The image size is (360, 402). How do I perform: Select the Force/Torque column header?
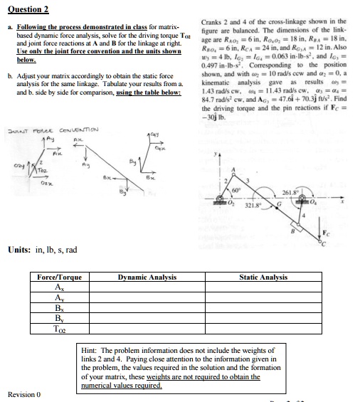click(58, 277)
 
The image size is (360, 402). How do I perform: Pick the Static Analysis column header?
click(263, 277)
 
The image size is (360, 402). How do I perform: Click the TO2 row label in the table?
click(58, 330)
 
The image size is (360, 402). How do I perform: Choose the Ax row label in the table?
click(58, 287)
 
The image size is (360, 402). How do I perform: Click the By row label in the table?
click(58, 319)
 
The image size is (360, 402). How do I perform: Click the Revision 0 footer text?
click(24, 393)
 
